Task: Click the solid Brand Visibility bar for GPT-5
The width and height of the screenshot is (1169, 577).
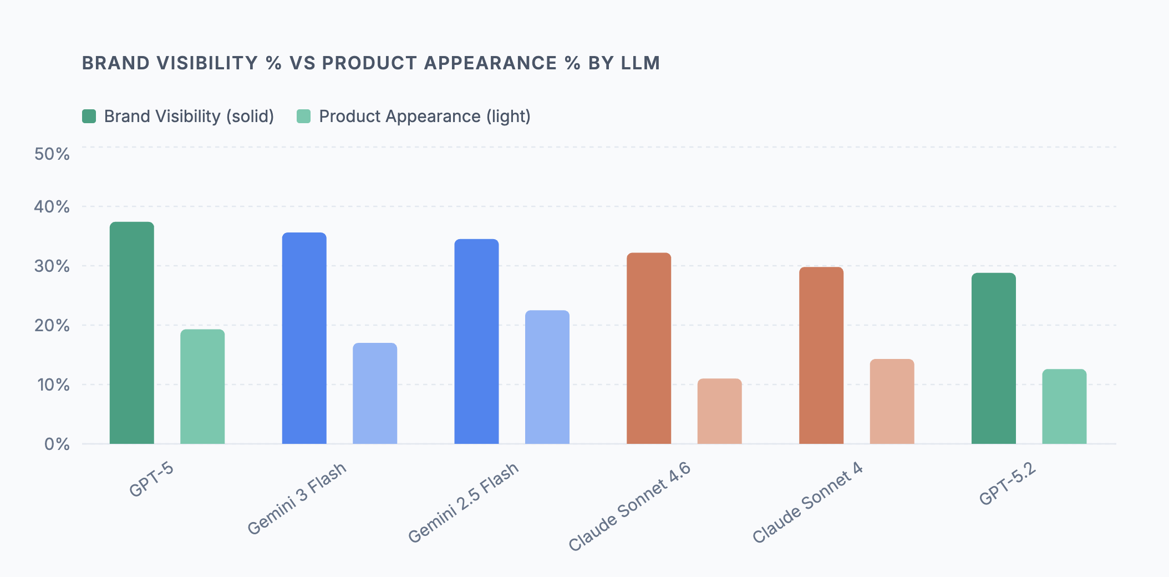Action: click(132, 333)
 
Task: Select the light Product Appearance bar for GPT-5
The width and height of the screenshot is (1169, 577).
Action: click(202, 387)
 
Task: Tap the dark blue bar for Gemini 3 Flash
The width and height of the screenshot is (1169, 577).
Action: click(304, 338)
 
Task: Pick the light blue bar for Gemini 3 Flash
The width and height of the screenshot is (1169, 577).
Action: click(375, 393)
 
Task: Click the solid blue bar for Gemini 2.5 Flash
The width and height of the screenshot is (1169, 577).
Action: click(476, 341)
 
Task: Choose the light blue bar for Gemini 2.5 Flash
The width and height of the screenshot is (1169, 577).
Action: click(547, 377)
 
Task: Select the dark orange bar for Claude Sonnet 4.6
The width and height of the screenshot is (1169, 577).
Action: click(649, 348)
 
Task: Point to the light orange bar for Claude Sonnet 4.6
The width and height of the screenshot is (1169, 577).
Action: click(719, 411)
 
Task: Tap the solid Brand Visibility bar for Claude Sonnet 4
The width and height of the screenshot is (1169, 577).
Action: click(821, 356)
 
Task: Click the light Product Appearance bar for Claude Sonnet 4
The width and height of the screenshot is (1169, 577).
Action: click(892, 401)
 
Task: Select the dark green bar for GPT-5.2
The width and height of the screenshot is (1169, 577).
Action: click(994, 358)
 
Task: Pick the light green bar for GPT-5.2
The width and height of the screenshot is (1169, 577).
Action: click(1064, 406)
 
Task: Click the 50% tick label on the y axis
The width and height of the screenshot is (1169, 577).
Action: click(52, 154)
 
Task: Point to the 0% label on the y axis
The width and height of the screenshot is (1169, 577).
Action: click(57, 444)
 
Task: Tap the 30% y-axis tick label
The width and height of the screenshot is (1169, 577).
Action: click(52, 266)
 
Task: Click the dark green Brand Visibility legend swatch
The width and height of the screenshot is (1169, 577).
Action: click(89, 117)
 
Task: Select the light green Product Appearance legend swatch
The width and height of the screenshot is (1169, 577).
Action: click(304, 117)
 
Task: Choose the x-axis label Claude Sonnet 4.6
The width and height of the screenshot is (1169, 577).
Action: click(629, 506)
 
